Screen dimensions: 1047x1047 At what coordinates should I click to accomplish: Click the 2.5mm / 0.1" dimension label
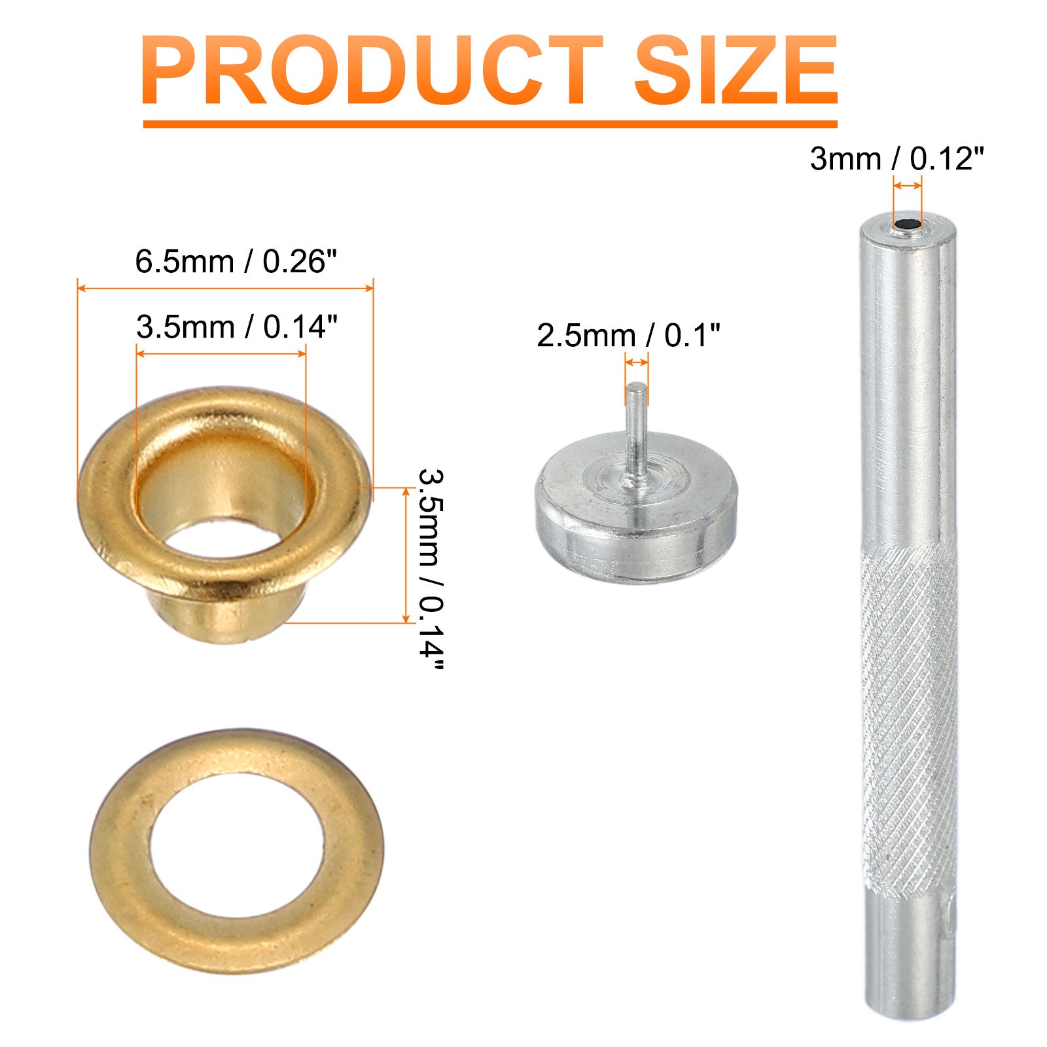click(628, 336)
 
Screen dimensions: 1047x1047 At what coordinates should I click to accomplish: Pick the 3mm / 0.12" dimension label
click(897, 158)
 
